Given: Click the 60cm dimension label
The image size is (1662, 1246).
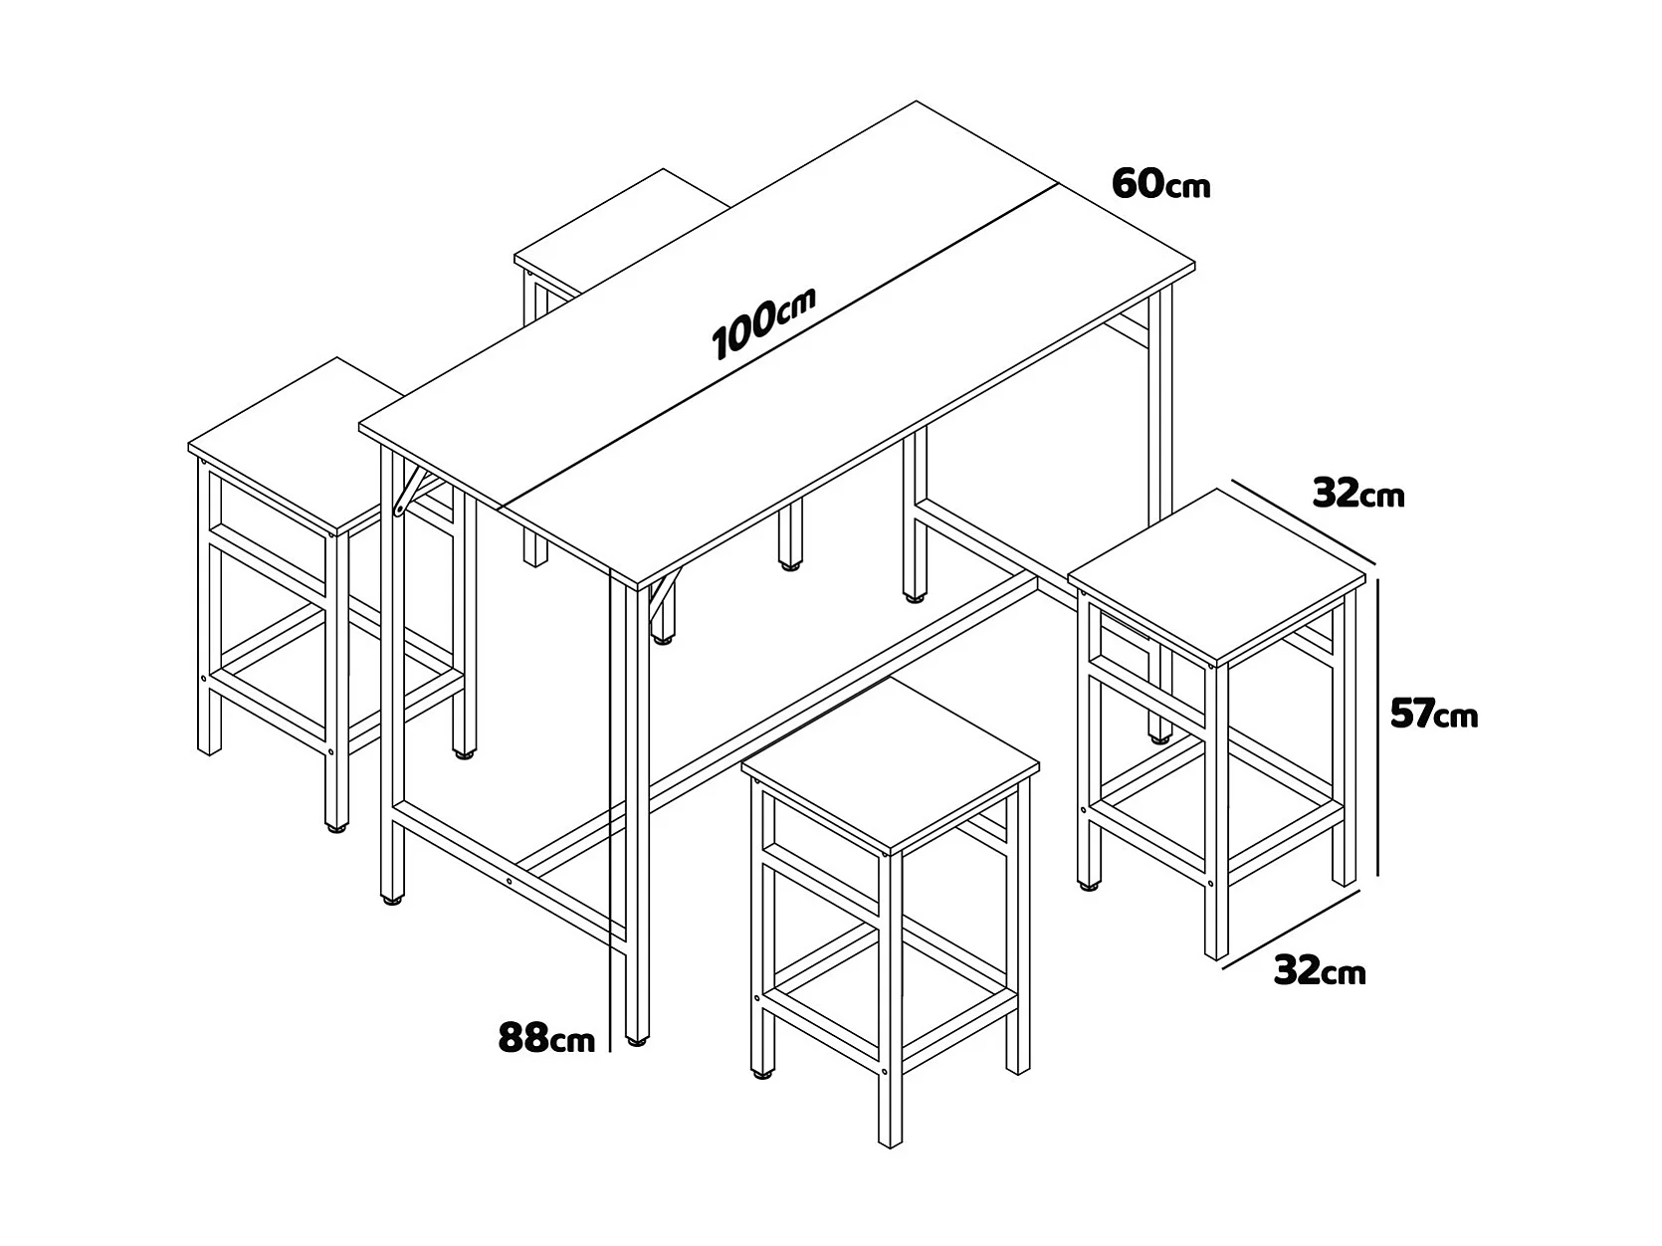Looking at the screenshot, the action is pos(1160,185).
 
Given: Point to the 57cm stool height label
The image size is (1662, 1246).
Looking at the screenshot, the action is pos(1434,714).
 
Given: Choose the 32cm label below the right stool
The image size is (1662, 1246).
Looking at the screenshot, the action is pos(1320,970).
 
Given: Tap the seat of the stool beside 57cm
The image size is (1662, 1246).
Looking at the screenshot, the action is pos(1217,577).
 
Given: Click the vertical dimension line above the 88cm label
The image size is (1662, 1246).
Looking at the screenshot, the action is pos(609,810).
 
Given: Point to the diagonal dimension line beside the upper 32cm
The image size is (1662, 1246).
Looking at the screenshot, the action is pos(1303,522).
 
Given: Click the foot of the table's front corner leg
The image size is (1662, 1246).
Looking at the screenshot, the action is pos(637,1042).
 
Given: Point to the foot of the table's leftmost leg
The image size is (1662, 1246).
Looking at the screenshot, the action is pos(391,901).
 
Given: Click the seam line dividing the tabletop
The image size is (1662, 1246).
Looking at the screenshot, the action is pos(777,346).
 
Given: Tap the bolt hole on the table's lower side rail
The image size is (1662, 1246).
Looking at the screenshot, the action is pos(510,881).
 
